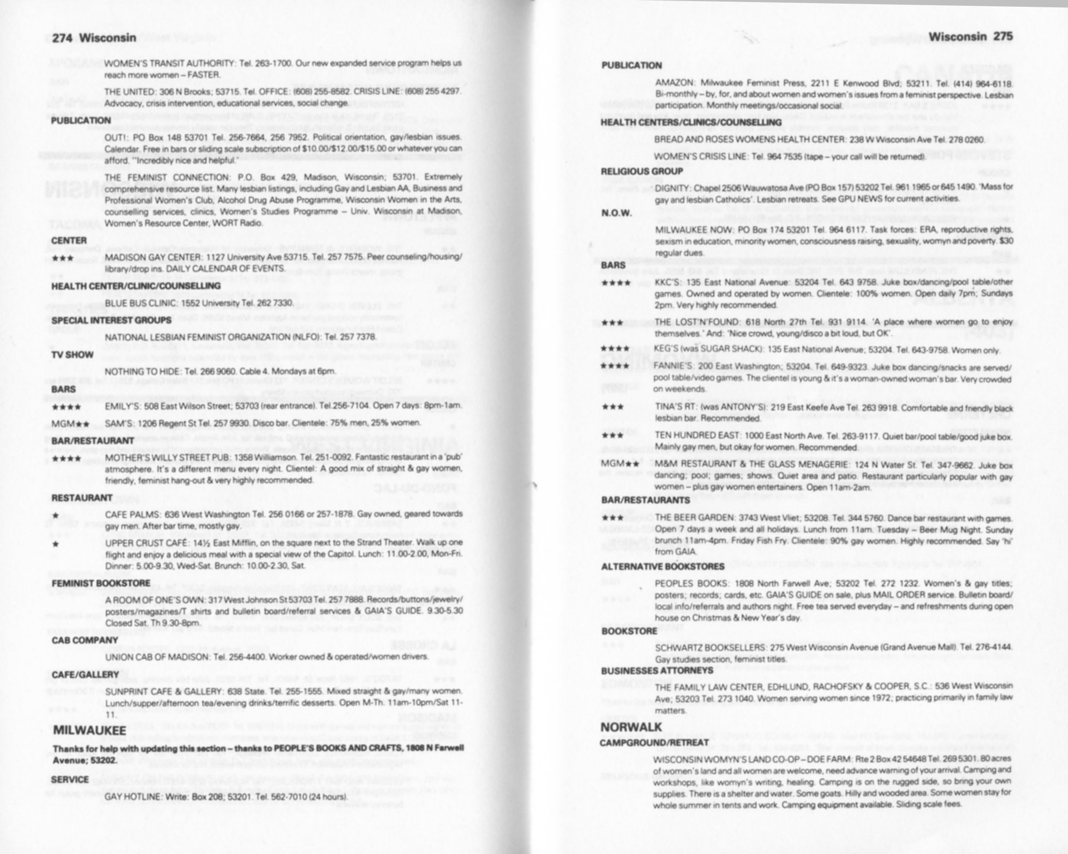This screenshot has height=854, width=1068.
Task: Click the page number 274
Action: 64,37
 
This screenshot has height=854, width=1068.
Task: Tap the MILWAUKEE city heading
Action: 90,731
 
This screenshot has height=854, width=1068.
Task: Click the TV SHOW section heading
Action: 72,355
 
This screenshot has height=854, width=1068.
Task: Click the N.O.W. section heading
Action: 616,213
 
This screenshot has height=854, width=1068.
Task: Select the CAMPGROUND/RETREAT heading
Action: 654,743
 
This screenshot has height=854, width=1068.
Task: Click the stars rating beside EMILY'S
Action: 66,407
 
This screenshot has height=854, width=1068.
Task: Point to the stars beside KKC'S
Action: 616,283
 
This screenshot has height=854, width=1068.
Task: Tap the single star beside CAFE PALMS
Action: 55,515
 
